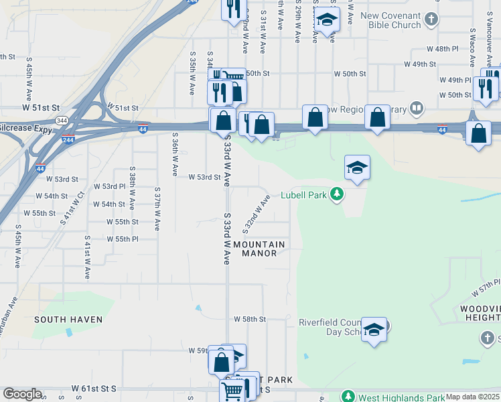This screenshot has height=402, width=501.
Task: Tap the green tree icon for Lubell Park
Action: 337,194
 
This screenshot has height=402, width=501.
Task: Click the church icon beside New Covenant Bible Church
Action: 432,19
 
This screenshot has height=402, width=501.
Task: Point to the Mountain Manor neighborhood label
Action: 259,249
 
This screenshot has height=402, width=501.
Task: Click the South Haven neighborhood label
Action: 69,320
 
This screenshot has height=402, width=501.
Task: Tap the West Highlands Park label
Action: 395,396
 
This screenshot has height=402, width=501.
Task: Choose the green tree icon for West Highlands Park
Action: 347,396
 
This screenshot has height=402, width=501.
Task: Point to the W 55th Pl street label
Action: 122,239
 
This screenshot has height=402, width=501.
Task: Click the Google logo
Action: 22,394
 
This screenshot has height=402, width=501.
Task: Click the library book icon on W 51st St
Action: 417,108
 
